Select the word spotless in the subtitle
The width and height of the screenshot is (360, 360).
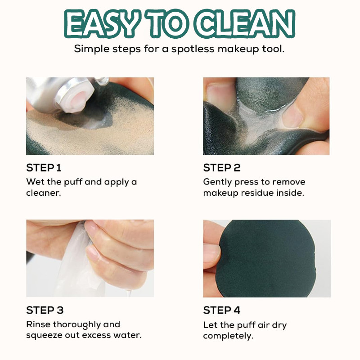(x=193, y=49)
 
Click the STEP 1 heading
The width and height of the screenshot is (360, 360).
(x=44, y=168)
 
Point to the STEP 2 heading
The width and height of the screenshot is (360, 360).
(x=222, y=168)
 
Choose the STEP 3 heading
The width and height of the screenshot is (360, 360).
(x=45, y=310)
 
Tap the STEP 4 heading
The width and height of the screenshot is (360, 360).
(x=222, y=310)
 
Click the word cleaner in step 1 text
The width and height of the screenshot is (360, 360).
(x=43, y=193)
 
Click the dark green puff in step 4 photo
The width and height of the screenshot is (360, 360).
(x=266, y=258)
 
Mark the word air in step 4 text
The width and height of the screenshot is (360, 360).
(x=264, y=325)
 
